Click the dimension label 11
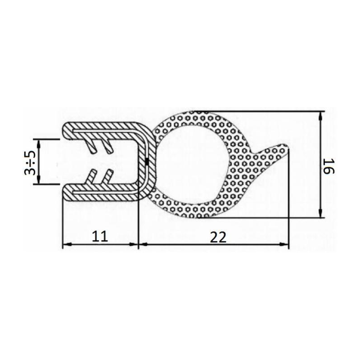pyautogui.click(x=100, y=237)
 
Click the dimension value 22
pyautogui.click(x=217, y=237)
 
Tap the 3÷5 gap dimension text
pyautogui.click(x=30, y=162)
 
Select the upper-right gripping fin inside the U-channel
pyautogui.click(x=107, y=146)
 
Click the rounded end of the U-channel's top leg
pyautogui.click(x=66, y=130)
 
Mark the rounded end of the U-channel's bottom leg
pyautogui.click(x=66, y=193)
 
